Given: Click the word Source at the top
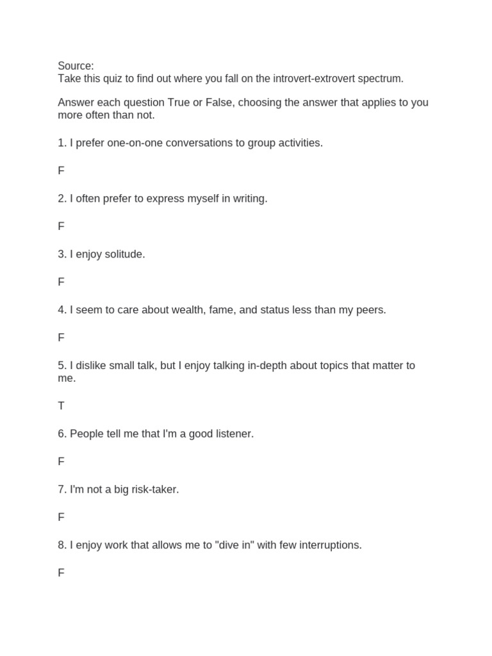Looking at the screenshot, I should [74, 66].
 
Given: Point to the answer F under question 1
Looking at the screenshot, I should [61, 171].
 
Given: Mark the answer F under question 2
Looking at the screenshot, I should [61, 226].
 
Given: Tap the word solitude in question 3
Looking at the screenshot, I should [123, 254].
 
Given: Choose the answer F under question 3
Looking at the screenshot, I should [61, 282].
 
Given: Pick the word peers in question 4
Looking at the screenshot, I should [370, 310].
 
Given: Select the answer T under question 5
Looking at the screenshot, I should [61, 406].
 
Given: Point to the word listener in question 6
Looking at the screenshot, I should [232, 434].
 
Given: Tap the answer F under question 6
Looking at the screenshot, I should [61, 461].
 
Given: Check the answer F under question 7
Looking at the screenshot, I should [61, 517].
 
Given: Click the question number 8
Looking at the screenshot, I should [61, 545].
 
